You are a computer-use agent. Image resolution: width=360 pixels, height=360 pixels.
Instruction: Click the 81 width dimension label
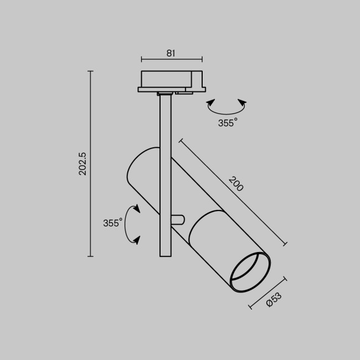tap(171, 53)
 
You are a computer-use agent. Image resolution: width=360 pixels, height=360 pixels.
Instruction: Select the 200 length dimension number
tap(236, 184)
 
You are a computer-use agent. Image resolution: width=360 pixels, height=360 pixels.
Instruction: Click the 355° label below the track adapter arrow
tap(227, 123)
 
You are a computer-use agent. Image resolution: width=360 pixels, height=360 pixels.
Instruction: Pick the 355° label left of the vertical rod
tap(112, 223)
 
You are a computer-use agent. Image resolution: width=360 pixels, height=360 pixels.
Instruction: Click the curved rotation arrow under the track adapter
tap(225, 107)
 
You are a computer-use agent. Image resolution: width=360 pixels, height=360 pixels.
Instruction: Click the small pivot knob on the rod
tap(177, 219)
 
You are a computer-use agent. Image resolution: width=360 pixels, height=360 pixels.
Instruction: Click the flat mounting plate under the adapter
tap(172, 89)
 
